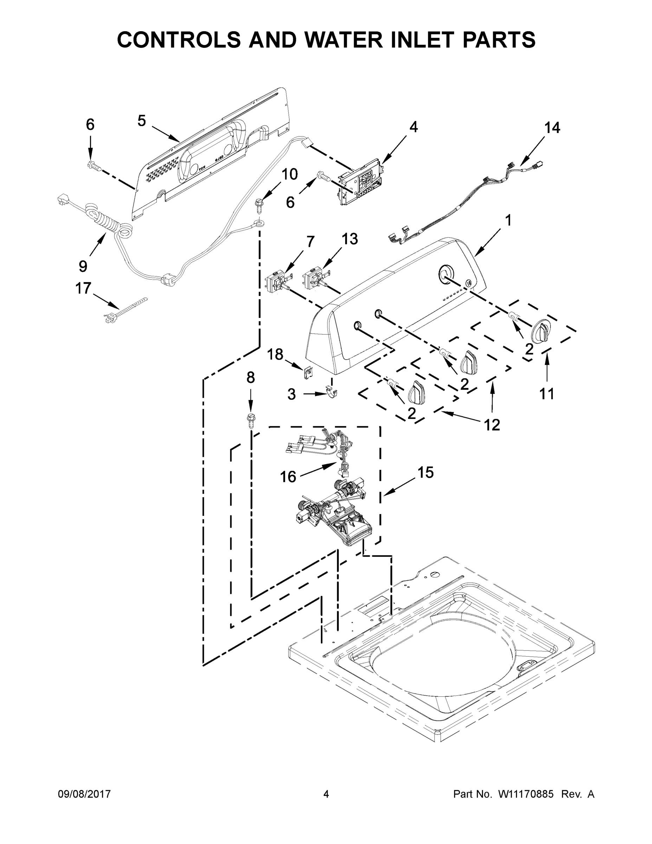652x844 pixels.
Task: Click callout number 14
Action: pos(552,128)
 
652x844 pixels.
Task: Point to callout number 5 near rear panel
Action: pos(142,121)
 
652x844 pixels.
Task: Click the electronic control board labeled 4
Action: pos(360,184)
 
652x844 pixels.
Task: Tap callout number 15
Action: pos(425,472)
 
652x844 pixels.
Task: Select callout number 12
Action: pos(492,425)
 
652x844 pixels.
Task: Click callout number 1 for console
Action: pos(508,220)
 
